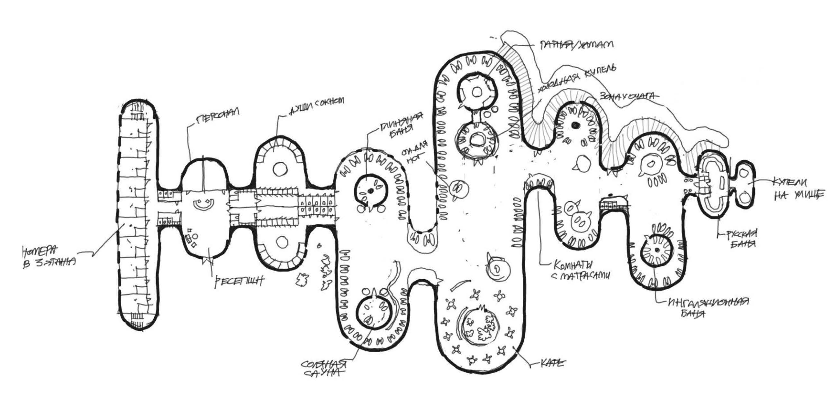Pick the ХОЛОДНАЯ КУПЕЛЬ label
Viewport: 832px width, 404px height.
point(576,79)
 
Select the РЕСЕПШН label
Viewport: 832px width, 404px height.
point(239,282)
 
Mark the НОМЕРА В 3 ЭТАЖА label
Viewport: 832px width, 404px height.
point(49,257)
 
